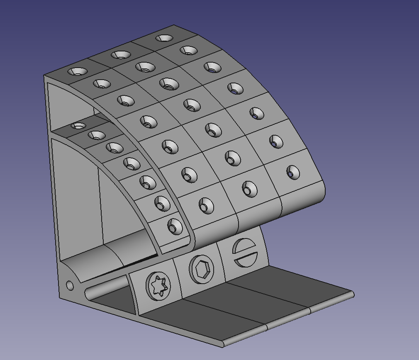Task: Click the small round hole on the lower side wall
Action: [x=70, y=285]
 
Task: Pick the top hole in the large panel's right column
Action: [x=164, y=38]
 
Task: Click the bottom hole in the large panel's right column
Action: [x=293, y=172]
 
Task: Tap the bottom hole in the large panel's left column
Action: [x=206, y=206]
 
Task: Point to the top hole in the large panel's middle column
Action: [x=121, y=55]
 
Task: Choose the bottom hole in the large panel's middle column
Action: [x=250, y=189]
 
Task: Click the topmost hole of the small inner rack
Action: [x=78, y=126]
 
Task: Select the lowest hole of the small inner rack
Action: [x=175, y=226]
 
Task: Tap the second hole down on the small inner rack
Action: [x=96, y=135]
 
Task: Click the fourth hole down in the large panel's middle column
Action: [x=191, y=105]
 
